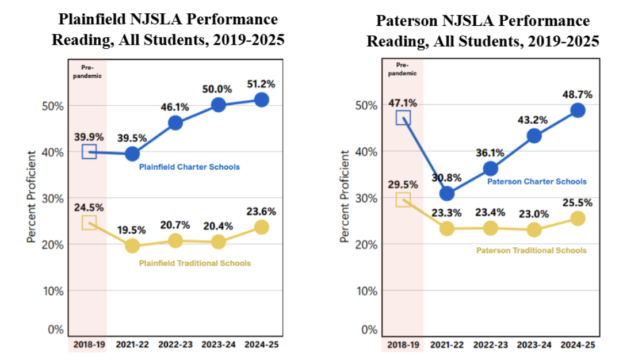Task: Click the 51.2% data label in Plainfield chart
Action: (x=261, y=84)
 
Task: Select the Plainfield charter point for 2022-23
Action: (x=175, y=122)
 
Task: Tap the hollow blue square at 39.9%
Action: (x=89, y=152)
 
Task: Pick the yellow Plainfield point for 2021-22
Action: (x=132, y=246)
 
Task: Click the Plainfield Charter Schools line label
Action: (x=189, y=167)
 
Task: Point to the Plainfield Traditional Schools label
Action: (x=195, y=263)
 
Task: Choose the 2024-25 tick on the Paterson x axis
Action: (x=577, y=344)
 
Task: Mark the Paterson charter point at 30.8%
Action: (x=447, y=194)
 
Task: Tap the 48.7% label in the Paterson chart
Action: (x=578, y=94)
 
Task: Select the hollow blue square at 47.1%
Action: (x=403, y=118)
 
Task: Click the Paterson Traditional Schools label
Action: (x=532, y=251)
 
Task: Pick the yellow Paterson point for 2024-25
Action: (x=578, y=219)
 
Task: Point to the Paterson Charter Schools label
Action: (x=537, y=182)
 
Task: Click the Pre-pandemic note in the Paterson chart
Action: (x=403, y=69)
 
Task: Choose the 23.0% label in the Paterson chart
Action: (x=534, y=213)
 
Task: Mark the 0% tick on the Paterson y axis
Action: (x=369, y=330)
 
